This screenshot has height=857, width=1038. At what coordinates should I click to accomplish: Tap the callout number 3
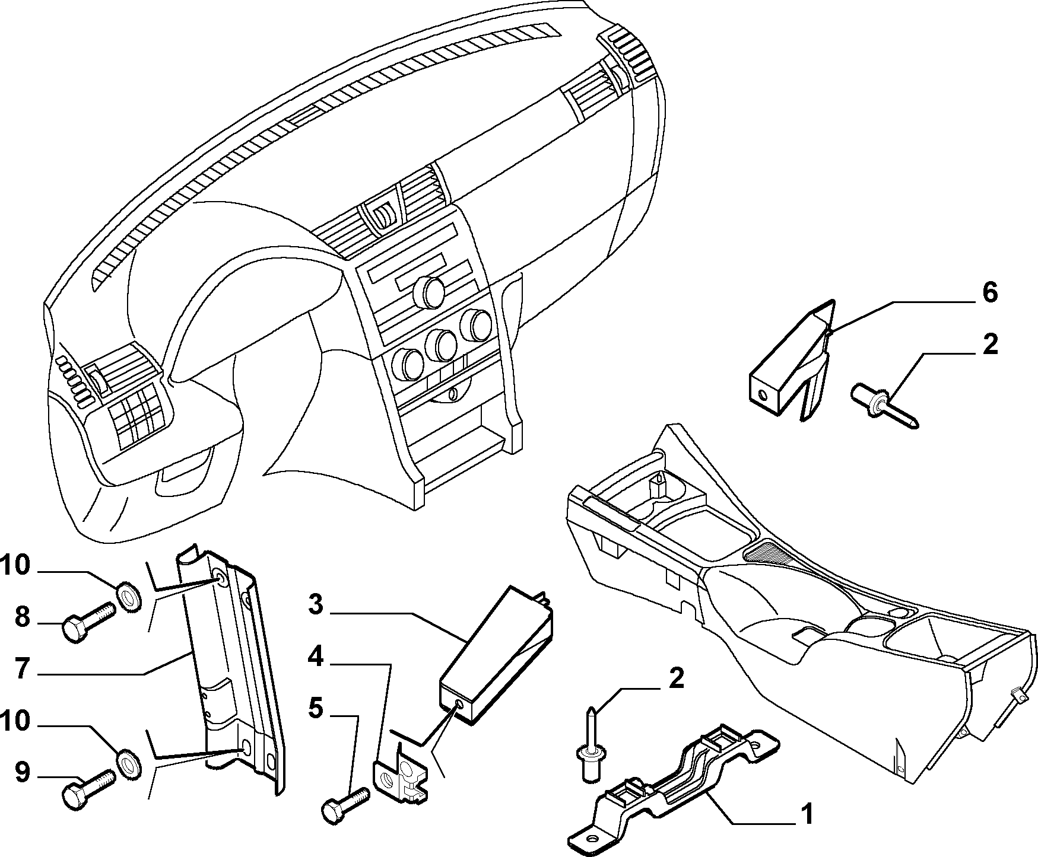click(x=316, y=605)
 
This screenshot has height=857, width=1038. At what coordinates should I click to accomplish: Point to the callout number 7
click(x=23, y=669)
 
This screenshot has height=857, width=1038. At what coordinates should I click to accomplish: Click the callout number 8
click(x=22, y=618)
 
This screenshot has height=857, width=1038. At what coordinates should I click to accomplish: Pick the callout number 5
click(x=316, y=709)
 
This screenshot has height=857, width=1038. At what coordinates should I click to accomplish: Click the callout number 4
click(x=316, y=657)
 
